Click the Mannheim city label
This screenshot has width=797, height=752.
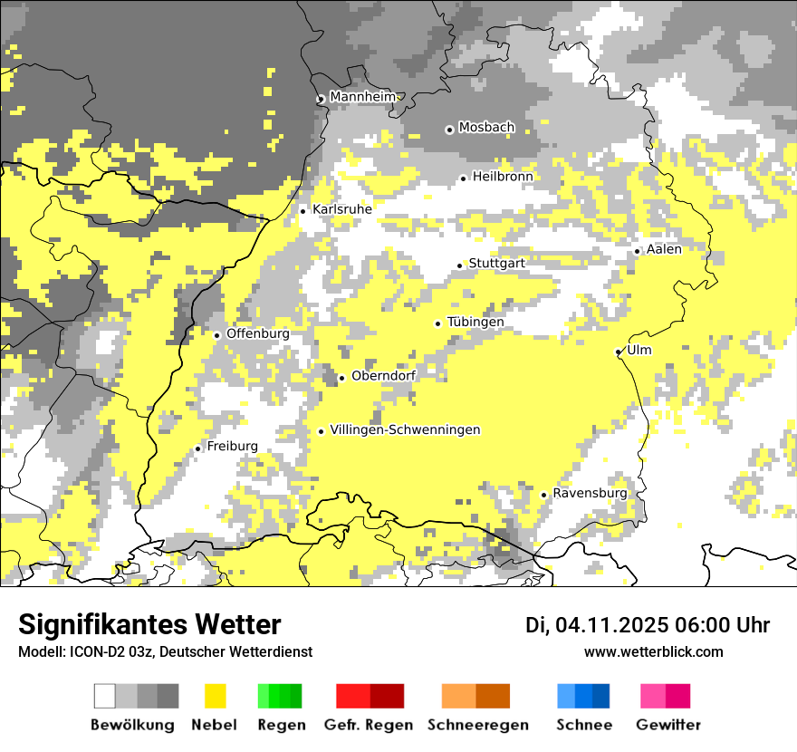coord(363,97)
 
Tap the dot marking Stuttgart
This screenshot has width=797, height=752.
coord(460,265)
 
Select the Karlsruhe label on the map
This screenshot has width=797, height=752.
coord(342,209)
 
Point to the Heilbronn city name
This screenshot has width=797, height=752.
coord(503,177)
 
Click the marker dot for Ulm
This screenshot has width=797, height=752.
coord(619,352)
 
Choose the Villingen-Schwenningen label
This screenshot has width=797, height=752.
coord(405,430)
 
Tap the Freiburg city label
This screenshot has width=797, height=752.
coord(232,447)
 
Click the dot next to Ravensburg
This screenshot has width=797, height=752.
coord(543,495)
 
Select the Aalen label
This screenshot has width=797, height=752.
coord(664,249)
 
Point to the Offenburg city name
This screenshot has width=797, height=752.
coord(258,333)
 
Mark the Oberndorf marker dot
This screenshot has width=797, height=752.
coord(341,378)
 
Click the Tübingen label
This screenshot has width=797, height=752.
coord(475,323)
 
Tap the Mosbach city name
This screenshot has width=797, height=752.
coord(486,128)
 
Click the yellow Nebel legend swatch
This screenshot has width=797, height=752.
coord(215,696)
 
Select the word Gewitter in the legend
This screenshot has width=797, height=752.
coord(668,725)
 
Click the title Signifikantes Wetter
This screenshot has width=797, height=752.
coord(149,624)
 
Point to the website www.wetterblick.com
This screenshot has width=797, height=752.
coord(653,652)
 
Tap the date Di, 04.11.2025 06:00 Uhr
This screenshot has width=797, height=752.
coord(647,625)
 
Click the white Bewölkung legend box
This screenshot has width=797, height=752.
coord(105,696)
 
